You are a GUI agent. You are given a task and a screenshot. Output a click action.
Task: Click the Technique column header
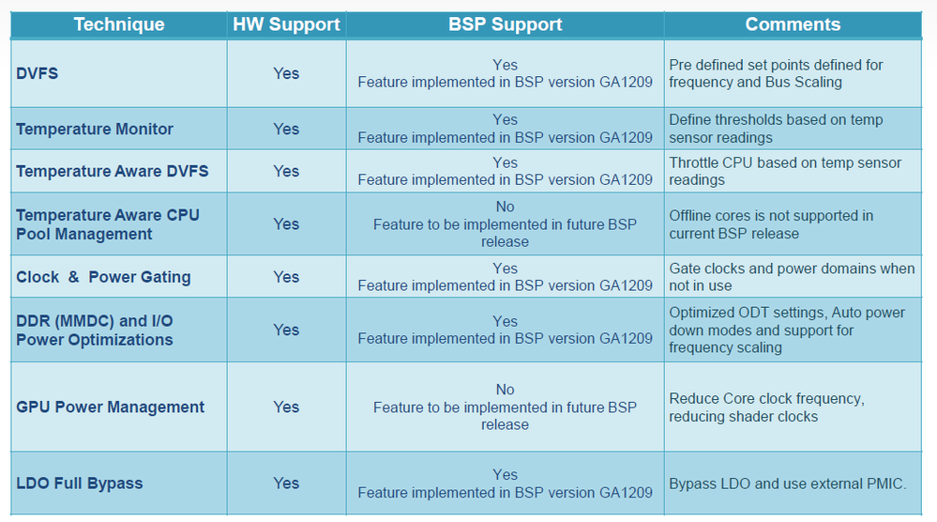pos(119,23)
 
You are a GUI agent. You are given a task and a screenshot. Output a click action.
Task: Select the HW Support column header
pos(286,24)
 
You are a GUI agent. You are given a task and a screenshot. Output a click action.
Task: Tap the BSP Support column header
pos(505,24)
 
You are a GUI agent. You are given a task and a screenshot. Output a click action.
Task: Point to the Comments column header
pos(793,23)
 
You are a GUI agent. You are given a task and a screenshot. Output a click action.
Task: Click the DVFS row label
pos(38,73)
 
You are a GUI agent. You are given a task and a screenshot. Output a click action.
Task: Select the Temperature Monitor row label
pos(95,129)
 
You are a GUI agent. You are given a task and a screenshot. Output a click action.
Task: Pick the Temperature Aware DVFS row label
pos(113,171)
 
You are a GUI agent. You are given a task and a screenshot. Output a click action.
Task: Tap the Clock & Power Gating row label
pos(103,277)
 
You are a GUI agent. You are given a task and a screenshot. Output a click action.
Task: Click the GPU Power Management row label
pos(110,407)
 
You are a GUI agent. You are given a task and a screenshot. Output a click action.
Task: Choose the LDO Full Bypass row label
pos(80,484)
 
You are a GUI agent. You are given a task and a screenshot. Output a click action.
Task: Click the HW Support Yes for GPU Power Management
pos(286,407)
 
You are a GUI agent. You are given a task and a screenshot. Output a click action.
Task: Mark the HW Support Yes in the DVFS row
pos(286,73)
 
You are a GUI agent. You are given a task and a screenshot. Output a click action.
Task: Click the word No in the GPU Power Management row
pos(505,390)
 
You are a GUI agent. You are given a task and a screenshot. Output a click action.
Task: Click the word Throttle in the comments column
pos(693,162)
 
